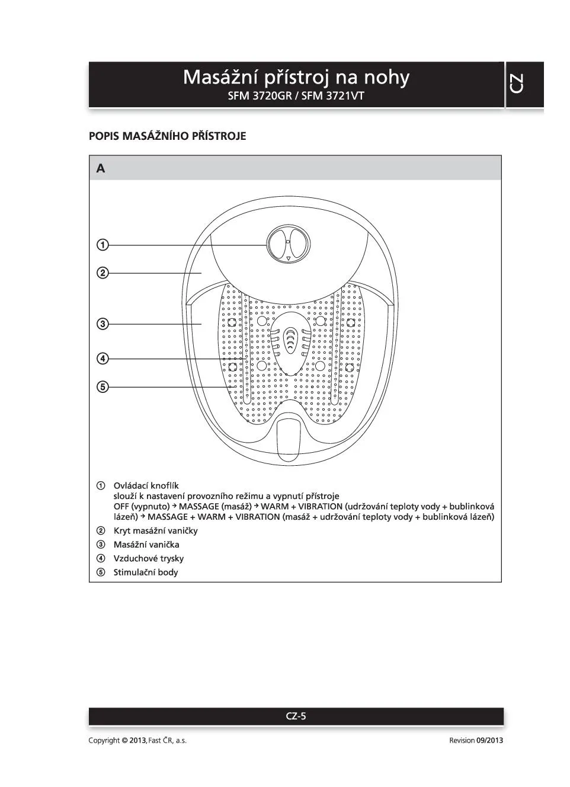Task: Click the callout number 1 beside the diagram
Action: click(x=103, y=245)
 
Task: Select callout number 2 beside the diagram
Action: click(x=103, y=273)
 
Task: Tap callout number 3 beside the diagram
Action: click(x=103, y=324)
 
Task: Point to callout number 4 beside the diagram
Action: click(x=103, y=359)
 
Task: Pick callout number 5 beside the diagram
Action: click(x=103, y=387)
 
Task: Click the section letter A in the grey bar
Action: click(x=101, y=169)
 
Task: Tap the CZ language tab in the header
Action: click(x=517, y=84)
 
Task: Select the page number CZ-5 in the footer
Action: click(x=296, y=716)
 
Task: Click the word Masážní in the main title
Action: click(x=219, y=78)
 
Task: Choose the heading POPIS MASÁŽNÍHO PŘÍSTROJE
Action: click(x=167, y=136)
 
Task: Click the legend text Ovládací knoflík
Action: click(x=146, y=486)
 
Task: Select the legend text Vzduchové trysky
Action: click(x=149, y=558)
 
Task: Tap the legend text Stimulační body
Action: click(x=146, y=572)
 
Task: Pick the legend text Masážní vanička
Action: click(x=146, y=545)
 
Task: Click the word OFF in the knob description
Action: click(x=121, y=507)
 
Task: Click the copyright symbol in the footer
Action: click(x=124, y=740)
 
